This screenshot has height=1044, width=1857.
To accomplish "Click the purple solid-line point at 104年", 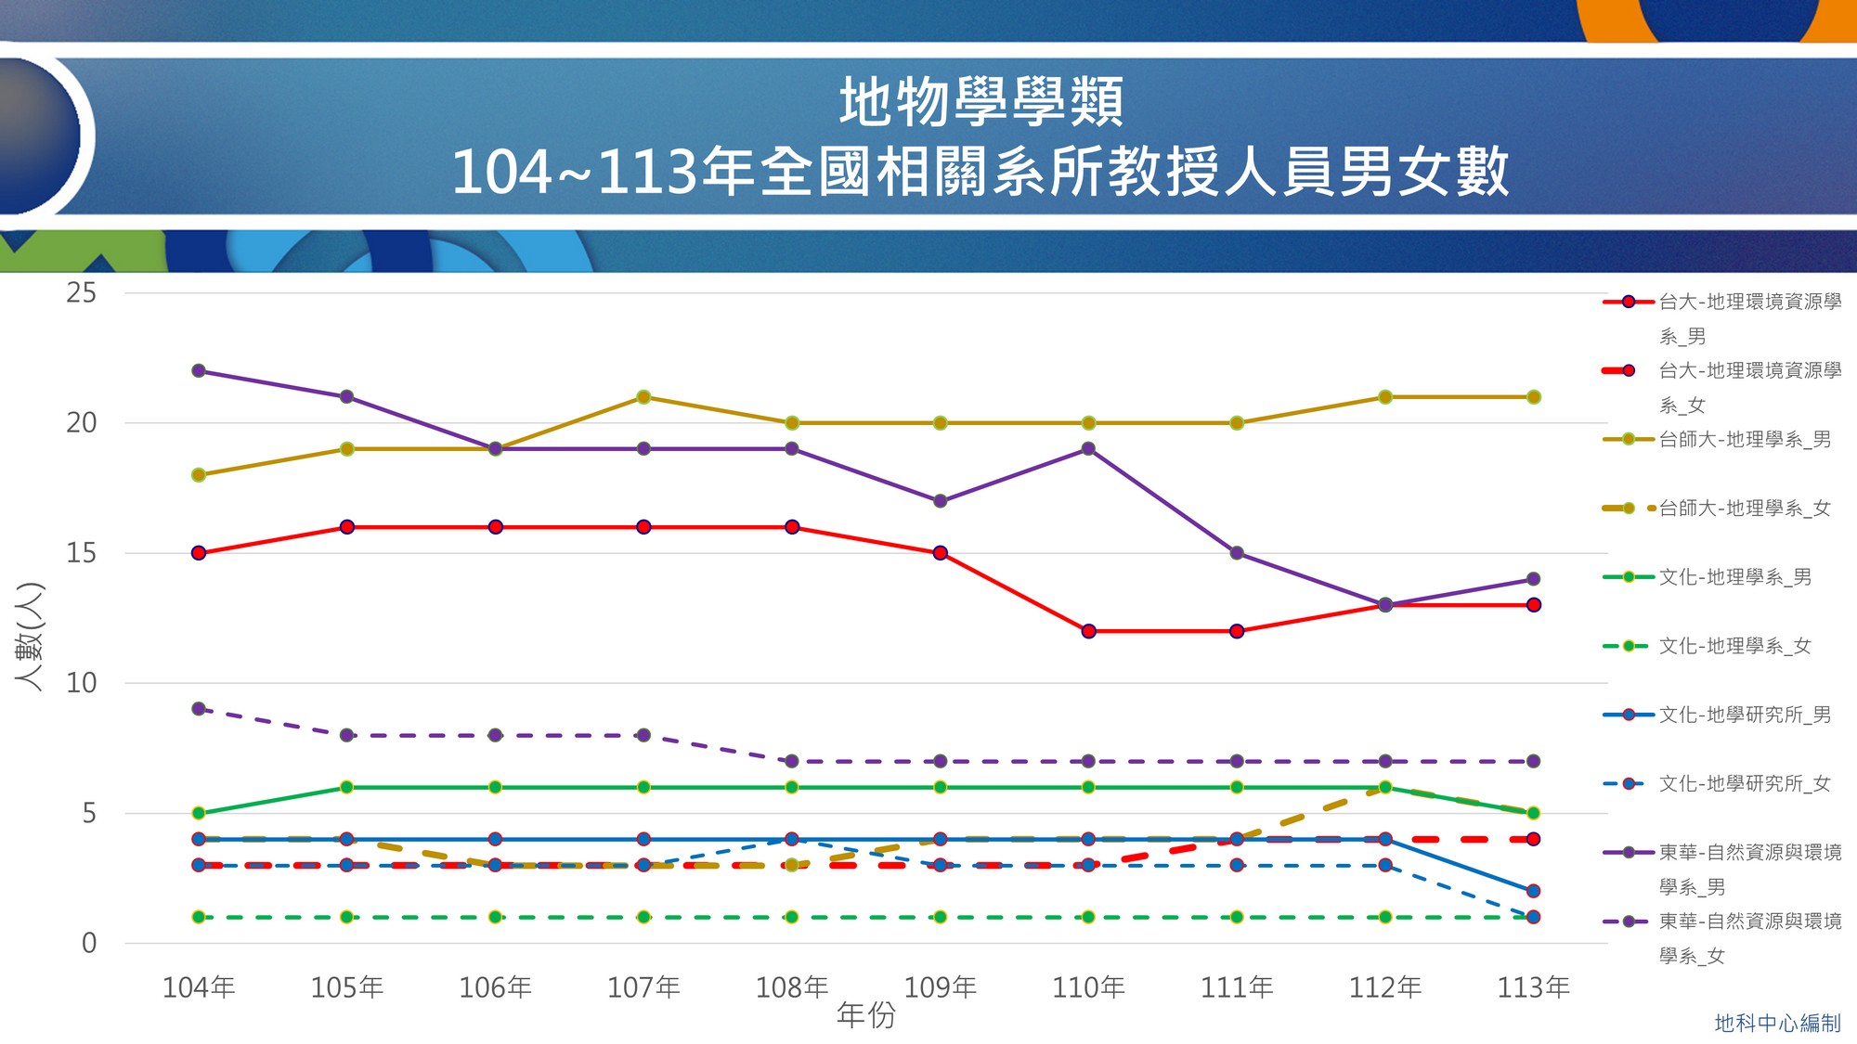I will point(198,371).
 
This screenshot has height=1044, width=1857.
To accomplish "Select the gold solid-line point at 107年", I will point(643,397).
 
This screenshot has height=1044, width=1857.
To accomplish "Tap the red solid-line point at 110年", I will point(1088,631).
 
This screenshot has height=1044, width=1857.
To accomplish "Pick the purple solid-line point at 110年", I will point(1088,449).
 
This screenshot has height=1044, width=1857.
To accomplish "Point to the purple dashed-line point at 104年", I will point(198,709).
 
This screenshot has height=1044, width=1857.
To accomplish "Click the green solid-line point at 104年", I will point(198,813).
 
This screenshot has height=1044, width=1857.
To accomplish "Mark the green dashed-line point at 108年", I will point(792,917).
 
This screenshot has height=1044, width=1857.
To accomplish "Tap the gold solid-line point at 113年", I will point(1534,397).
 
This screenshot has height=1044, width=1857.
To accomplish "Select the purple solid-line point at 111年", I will point(1237,553).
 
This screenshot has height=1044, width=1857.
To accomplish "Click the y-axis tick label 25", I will point(81,293).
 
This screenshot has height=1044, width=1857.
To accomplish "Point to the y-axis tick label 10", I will point(81,683).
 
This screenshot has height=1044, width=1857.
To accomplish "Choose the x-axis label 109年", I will point(940,986).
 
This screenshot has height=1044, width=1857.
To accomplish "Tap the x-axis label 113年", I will point(1534,986).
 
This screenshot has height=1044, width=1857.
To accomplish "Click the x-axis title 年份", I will point(865,1015).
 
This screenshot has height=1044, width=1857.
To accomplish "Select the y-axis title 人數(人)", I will point(30,637).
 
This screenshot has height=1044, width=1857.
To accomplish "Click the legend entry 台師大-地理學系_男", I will point(1745,440).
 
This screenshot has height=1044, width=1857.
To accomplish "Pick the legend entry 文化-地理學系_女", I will point(1734,646).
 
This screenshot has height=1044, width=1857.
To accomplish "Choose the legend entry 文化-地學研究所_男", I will point(1745,715).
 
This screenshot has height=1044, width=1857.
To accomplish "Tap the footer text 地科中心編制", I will point(1777,1023).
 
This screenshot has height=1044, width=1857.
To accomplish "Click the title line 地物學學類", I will point(980,101).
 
